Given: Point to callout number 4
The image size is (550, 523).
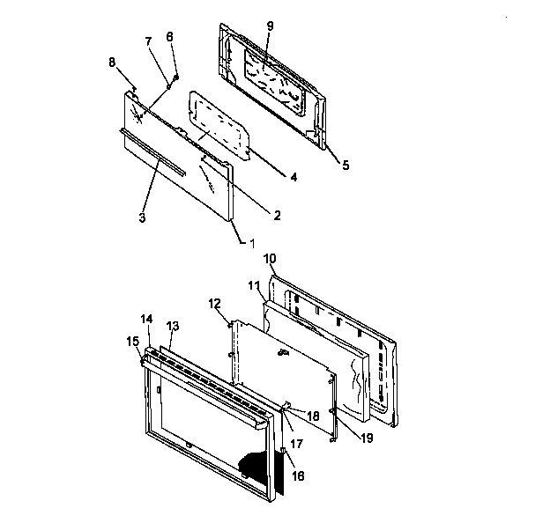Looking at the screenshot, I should point(293,176).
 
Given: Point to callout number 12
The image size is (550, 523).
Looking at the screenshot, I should point(215,304).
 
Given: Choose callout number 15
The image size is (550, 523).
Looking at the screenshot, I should point(131,340).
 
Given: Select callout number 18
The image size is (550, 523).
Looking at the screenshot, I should point(313,415).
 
